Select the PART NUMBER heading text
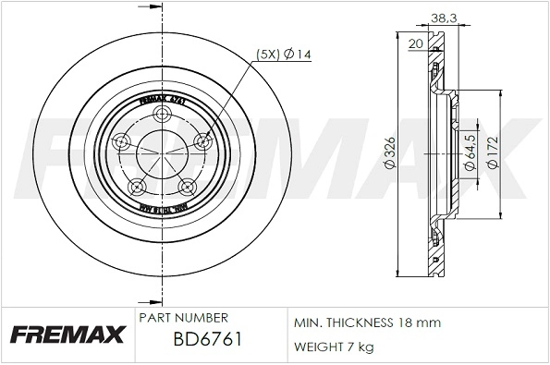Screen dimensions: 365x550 [182, 317]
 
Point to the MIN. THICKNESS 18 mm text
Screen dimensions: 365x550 [367, 322]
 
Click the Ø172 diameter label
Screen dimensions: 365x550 [495, 152]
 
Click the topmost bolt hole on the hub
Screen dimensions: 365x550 [162, 115]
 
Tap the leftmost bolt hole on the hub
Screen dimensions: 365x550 [120, 143]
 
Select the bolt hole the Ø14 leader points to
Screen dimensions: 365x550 [203, 142]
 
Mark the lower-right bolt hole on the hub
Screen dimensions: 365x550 [188, 186]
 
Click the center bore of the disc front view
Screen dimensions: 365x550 [162, 153]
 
